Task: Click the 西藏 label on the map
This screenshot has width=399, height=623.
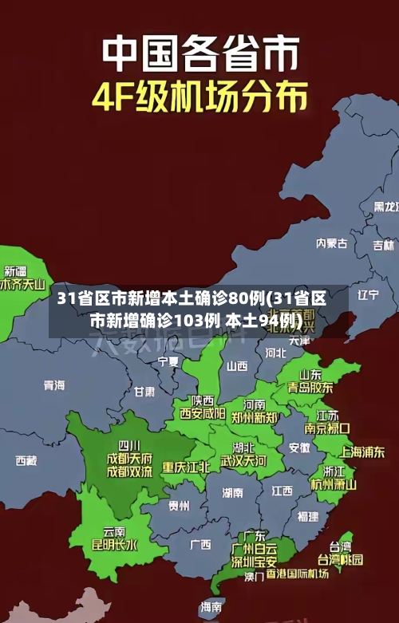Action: (26, 460)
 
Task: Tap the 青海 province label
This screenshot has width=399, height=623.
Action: (53, 385)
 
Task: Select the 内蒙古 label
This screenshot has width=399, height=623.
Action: (332, 220)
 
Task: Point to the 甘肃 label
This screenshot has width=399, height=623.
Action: (144, 392)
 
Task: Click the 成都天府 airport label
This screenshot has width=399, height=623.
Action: (129, 458)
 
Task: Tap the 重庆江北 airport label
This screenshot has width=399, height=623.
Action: (186, 467)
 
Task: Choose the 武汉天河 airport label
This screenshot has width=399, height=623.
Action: (243, 461)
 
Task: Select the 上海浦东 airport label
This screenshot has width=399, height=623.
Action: (363, 451)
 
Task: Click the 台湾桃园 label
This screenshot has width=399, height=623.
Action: (341, 559)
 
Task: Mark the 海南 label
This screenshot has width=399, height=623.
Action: (211, 606)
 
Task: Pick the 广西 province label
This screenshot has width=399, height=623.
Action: (200, 544)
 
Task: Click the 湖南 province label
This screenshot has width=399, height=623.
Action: (232, 493)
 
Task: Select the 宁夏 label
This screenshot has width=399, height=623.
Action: (168, 361)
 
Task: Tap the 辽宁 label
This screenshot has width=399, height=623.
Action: (368, 294)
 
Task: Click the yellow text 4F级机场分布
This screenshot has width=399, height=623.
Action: (199, 97)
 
